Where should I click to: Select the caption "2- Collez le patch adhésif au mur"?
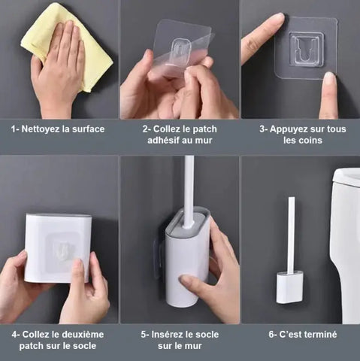click(180, 135)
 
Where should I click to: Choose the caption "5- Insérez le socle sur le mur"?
click(180, 340)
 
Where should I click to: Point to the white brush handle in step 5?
click(189, 188)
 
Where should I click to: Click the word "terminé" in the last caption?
click(317, 335)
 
